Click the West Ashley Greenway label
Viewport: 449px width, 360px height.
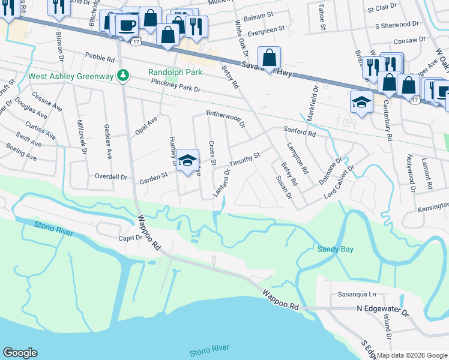pyautogui.click(x=70, y=77)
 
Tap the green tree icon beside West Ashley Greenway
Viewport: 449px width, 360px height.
pyautogui.click(x=123, y=75)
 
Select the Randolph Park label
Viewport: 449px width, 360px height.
pyautogui.click(x=175, y=72)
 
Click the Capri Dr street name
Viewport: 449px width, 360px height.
pyautogui.click(x=129, y=237)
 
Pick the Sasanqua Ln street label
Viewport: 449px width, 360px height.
pyautogui.click(x=357, y=295)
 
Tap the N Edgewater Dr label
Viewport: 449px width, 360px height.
pyautogui.click(x=382, y=313)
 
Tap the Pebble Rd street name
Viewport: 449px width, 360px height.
pyautogui.click(x=99, y=59)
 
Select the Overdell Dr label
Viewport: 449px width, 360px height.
pyautogui.click(x=111, y=177)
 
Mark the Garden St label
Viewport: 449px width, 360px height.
pyautogui.click(x=152, y=180)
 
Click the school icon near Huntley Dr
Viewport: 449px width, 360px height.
pyautogui.click(x=187, y=160)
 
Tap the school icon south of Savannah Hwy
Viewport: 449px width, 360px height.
pyautogui.click(x=361, y=101)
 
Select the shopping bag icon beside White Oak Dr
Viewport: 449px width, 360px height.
pyautogui.click(x=270, y=58)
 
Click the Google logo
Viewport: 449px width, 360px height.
pyautogui.click(x=20, y=353)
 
